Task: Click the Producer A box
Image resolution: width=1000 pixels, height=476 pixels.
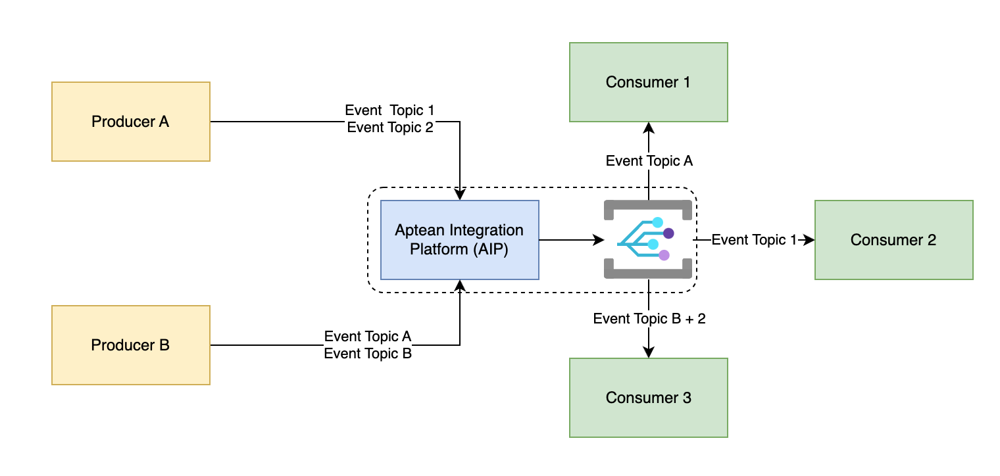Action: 130,122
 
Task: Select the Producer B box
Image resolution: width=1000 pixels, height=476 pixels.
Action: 130,345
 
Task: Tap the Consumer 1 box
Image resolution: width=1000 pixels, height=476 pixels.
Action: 648,82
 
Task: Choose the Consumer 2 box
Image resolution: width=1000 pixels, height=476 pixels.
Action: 893,240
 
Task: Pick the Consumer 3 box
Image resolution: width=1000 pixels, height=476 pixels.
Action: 648,398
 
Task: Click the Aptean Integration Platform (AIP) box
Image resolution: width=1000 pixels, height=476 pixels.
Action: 459,240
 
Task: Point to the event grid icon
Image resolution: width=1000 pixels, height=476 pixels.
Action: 648,240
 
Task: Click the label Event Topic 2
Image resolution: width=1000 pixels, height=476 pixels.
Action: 390,128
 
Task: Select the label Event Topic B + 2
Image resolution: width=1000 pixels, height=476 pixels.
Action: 649,319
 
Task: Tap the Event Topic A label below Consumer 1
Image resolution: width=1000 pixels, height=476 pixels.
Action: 649,161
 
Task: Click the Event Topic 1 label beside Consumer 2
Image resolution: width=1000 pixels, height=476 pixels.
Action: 754,240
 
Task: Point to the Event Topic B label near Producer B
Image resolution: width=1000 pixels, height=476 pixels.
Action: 368,354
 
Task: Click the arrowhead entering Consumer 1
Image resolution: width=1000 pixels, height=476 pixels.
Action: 649,127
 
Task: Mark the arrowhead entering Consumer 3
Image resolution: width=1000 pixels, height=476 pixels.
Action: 649,353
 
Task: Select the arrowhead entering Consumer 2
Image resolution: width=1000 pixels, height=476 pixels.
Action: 810,240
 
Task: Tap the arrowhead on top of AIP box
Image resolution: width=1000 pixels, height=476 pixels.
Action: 460,195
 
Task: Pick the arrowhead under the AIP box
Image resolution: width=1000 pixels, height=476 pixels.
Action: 460,285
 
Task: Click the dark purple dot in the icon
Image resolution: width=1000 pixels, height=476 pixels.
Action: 668,233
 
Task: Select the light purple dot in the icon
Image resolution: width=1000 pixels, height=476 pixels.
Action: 664,255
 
